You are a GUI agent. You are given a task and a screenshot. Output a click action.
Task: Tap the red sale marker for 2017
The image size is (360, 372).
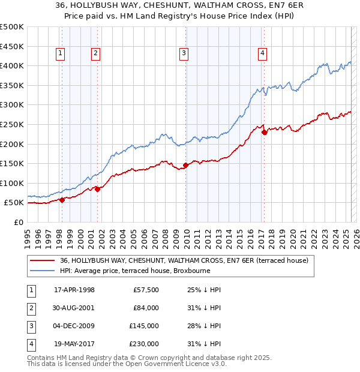(x=264, y=132)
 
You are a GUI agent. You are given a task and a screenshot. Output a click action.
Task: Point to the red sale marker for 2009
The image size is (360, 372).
(x=185, y=165)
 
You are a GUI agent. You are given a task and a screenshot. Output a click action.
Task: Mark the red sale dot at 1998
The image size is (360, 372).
(x=62, y=200)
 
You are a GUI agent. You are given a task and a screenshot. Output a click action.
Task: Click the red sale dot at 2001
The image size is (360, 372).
(x=97, y=189)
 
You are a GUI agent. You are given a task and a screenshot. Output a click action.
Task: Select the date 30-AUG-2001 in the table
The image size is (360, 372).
(x=74, y=308)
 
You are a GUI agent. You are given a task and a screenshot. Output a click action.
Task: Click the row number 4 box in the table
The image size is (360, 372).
(x=31, y=344)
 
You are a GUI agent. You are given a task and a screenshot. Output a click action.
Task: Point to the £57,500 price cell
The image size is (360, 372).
(x=146, y=290)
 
